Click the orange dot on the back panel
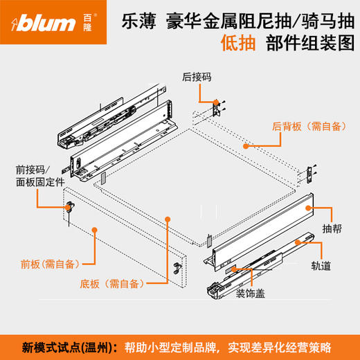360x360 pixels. tap(246, 146)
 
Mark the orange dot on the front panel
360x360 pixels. tap(93, 228)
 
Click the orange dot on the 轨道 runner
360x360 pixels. tap(297, 242)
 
